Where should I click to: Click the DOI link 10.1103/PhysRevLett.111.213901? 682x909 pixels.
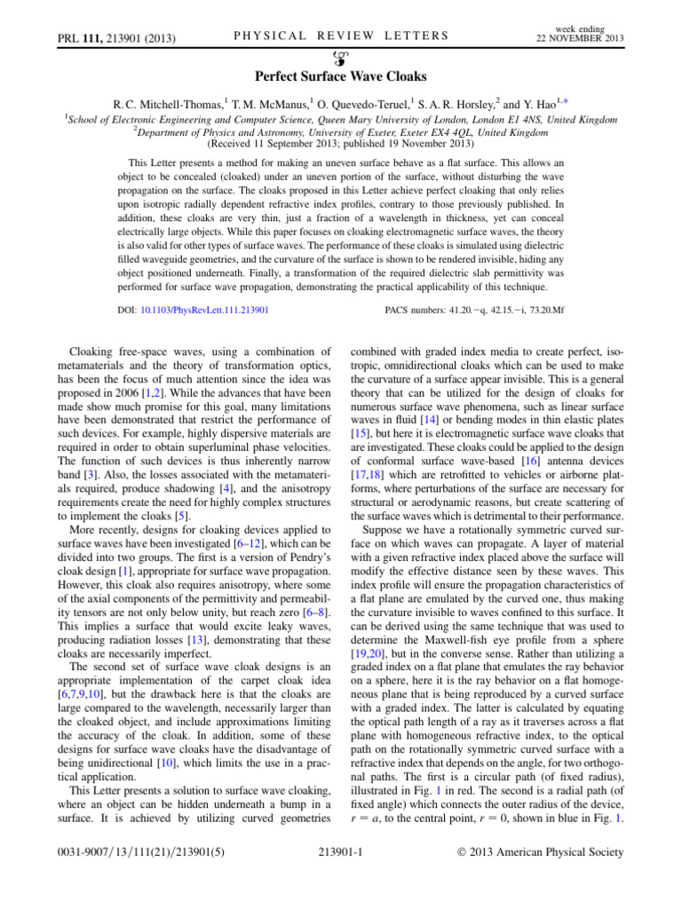click(206, 312)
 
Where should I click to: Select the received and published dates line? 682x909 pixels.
click(340, 143)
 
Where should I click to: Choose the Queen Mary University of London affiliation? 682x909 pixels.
click(342, 117)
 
